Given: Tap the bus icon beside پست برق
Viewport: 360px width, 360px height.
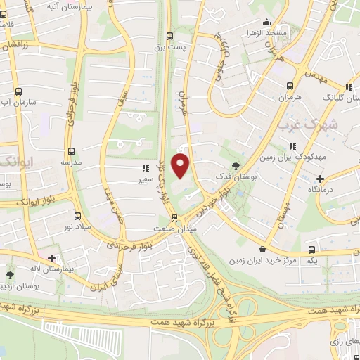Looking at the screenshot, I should point(169,37).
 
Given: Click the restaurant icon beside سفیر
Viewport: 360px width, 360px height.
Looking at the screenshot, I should point(145,169).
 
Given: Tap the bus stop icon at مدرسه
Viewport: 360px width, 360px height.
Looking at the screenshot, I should point(71,150).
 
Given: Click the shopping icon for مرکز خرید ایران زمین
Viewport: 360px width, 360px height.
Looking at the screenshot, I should point(262,248).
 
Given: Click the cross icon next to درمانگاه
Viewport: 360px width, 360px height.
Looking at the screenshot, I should point(321,179).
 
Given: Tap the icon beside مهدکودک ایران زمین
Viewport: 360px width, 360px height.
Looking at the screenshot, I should point(292,146).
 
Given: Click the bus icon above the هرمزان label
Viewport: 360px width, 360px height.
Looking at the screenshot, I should point(289,86).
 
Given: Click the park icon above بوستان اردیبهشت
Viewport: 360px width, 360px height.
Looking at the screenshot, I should point(9,275).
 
